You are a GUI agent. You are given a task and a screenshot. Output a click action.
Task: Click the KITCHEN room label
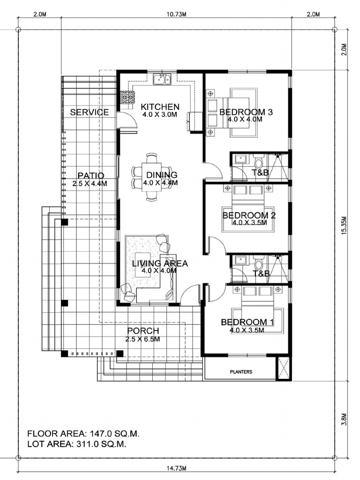click(x=160, y=107)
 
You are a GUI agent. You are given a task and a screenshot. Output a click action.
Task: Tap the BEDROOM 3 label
click(x=246, y=112)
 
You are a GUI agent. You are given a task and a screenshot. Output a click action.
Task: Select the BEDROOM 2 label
click(x=248, y=216)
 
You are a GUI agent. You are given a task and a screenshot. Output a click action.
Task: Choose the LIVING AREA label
click(x=159, y=263)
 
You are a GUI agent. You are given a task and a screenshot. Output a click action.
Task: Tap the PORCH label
click(x=143, y=331)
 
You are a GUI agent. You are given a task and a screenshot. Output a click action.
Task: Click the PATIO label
click(x=90, y=176)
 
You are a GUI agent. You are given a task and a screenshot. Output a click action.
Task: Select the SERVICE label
click(x=90, y=112)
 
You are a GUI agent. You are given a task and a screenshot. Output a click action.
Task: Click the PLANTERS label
click(x=241, y=372)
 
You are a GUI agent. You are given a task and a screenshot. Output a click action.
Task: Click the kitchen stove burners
click(x=127, y=97)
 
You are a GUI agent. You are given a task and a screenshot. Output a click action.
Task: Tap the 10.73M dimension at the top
click(x=176, y=15)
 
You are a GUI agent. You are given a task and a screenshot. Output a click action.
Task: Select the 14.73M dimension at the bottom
click(x=177, y=468)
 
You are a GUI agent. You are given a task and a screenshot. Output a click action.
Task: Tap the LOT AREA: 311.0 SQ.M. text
click(x=76, y=443)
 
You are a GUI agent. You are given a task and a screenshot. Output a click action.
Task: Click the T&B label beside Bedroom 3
click(x=260, y=173)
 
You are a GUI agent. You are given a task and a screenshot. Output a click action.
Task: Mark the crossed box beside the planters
click(x=284, y=368)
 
